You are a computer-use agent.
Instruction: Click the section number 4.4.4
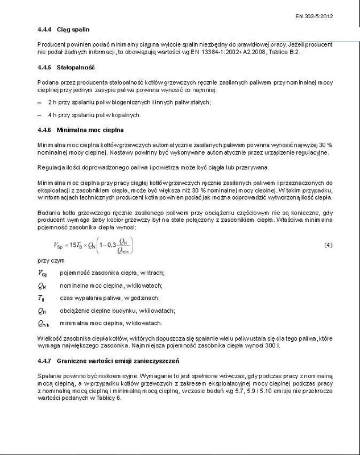tap(45, 28)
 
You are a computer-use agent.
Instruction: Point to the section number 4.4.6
tap(45, 129)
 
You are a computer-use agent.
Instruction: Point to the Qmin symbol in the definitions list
tap(44, 322)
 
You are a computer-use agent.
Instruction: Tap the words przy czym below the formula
tap(47, 260)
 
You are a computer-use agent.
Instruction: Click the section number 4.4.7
tap(45, 361)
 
